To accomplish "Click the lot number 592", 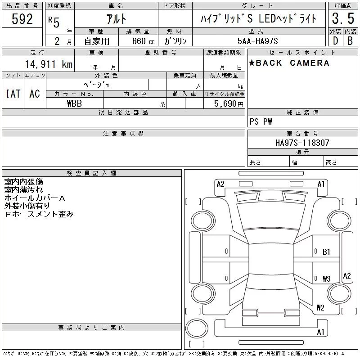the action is (x=22, y=19).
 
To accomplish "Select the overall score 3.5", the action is (x=343, y=18).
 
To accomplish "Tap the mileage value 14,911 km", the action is (x=49, y=64).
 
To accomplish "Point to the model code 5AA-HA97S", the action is (x=257, y=41).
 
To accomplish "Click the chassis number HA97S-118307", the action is (x=302, y=143).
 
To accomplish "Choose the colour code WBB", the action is (x=74, y=103).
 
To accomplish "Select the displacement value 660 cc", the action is (x=144, y=41).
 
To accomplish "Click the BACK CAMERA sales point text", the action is (x=289, y=63).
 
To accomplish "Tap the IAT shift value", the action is (x=13, y=94).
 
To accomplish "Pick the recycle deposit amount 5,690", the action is (x=225, y=103).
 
